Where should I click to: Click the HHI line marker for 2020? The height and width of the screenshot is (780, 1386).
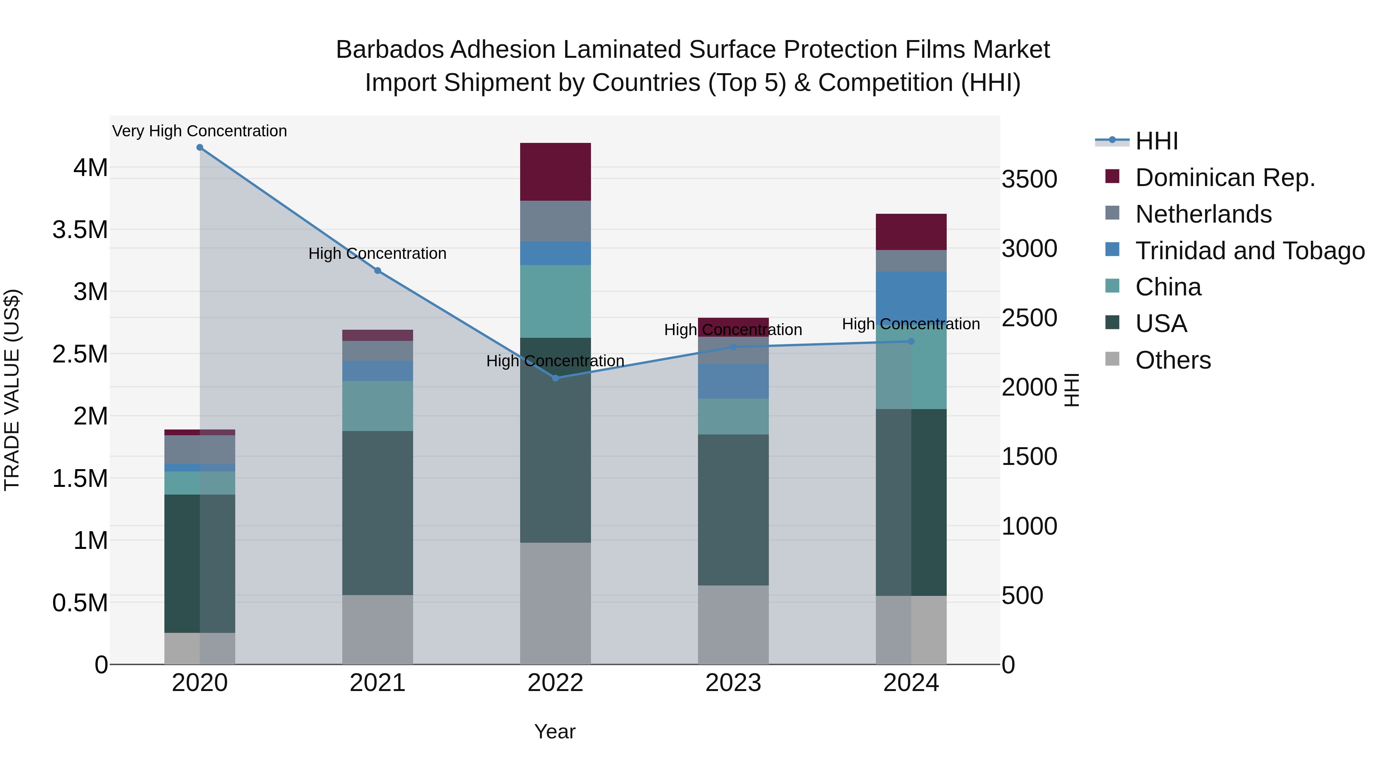pos(199,148)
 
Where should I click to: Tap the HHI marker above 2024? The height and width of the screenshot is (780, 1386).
pos(911,341)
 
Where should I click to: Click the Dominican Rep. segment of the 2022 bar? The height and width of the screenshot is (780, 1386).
pos(555,172)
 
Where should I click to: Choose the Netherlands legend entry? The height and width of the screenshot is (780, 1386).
pos(1204,214)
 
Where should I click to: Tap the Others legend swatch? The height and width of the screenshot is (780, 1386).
pos(1112,359)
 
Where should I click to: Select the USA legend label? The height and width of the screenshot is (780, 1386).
pos(1161,324)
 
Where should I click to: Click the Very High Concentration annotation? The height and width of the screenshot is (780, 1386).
pos(199,131)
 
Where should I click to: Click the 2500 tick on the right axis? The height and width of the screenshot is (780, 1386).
pos(1029,318)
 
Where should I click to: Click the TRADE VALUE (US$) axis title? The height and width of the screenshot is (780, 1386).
pos(12,390)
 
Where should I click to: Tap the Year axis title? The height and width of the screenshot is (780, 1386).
pos(555,731)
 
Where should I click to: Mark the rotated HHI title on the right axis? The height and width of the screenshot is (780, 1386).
pos(1072,390)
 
